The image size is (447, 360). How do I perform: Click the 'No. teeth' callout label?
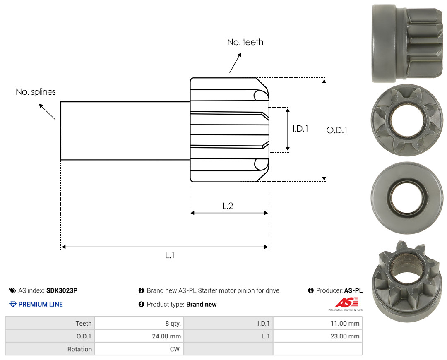(245, 42)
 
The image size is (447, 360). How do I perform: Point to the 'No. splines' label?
(36, 92)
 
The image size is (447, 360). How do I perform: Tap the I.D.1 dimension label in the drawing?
(300, 129)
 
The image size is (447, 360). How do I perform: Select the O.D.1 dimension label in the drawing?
(337, 130)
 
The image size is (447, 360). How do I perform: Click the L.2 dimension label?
(228, 206)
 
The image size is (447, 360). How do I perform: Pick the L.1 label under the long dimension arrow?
(170, 255)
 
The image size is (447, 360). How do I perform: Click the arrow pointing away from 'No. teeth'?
(235, 63)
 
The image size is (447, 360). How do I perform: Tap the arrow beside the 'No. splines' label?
(47, 112)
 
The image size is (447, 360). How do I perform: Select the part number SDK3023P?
(62, 290)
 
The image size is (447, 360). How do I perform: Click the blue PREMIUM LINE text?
(41, 305)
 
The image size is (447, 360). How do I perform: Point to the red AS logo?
(347, 302)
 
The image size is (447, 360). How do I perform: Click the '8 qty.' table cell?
(173, 324)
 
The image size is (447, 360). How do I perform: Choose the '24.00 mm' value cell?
(166, 336)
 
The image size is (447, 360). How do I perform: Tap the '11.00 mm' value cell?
(345, 324)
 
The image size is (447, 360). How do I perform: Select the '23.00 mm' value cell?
(345, 336)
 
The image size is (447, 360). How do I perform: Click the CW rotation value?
(175, 349)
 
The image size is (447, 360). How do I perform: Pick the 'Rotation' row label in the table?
(79, 349)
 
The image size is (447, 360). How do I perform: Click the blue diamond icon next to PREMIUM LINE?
(13, 305)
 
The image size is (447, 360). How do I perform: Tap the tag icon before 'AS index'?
(12, 290)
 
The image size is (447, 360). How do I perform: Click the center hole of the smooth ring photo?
(407, 198)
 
